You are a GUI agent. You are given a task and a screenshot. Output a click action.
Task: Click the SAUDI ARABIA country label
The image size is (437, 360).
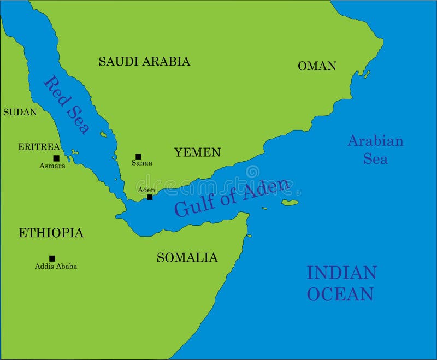[x=144, y=61]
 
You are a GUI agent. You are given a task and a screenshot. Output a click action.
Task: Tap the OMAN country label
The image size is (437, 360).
[x=317, y=66]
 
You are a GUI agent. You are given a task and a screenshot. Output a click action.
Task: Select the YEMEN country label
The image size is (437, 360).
[x=197, y=152]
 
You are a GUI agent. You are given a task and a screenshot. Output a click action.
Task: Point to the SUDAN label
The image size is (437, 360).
[x=20, y=112]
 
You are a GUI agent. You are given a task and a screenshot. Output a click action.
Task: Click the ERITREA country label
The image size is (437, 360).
[x=39, y=147]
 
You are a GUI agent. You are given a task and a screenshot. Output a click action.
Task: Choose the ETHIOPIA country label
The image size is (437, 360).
[x=51, y=233]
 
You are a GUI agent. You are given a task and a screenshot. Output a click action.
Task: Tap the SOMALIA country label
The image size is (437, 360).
[x=187, y=257]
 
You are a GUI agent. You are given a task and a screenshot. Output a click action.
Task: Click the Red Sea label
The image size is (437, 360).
[x=67, y=105]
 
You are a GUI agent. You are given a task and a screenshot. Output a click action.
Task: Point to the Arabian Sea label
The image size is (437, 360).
[x=375, y=150]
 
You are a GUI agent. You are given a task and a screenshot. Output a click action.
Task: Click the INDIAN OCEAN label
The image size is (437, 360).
[x=341, y=283]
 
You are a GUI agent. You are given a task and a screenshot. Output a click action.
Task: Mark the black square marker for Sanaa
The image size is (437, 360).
[x=138, y=156]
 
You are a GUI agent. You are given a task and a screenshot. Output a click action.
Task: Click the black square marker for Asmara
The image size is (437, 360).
[x=56, y=158]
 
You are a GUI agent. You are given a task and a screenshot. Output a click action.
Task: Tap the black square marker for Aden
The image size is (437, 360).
[x=150, y=197]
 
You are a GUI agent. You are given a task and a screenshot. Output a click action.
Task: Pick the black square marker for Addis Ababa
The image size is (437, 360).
[x=52, y=258]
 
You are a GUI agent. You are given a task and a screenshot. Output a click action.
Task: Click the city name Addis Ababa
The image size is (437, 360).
[x=56, y=267]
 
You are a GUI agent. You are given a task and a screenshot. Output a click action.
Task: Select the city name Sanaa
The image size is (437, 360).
[x=142, y=163]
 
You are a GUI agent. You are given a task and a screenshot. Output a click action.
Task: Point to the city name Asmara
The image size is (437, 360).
[x=52, y=166]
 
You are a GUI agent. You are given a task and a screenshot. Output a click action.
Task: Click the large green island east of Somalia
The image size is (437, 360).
[x=290, y=203]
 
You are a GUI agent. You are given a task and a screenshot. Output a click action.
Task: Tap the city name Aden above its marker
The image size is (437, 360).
[x=146, y=190]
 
